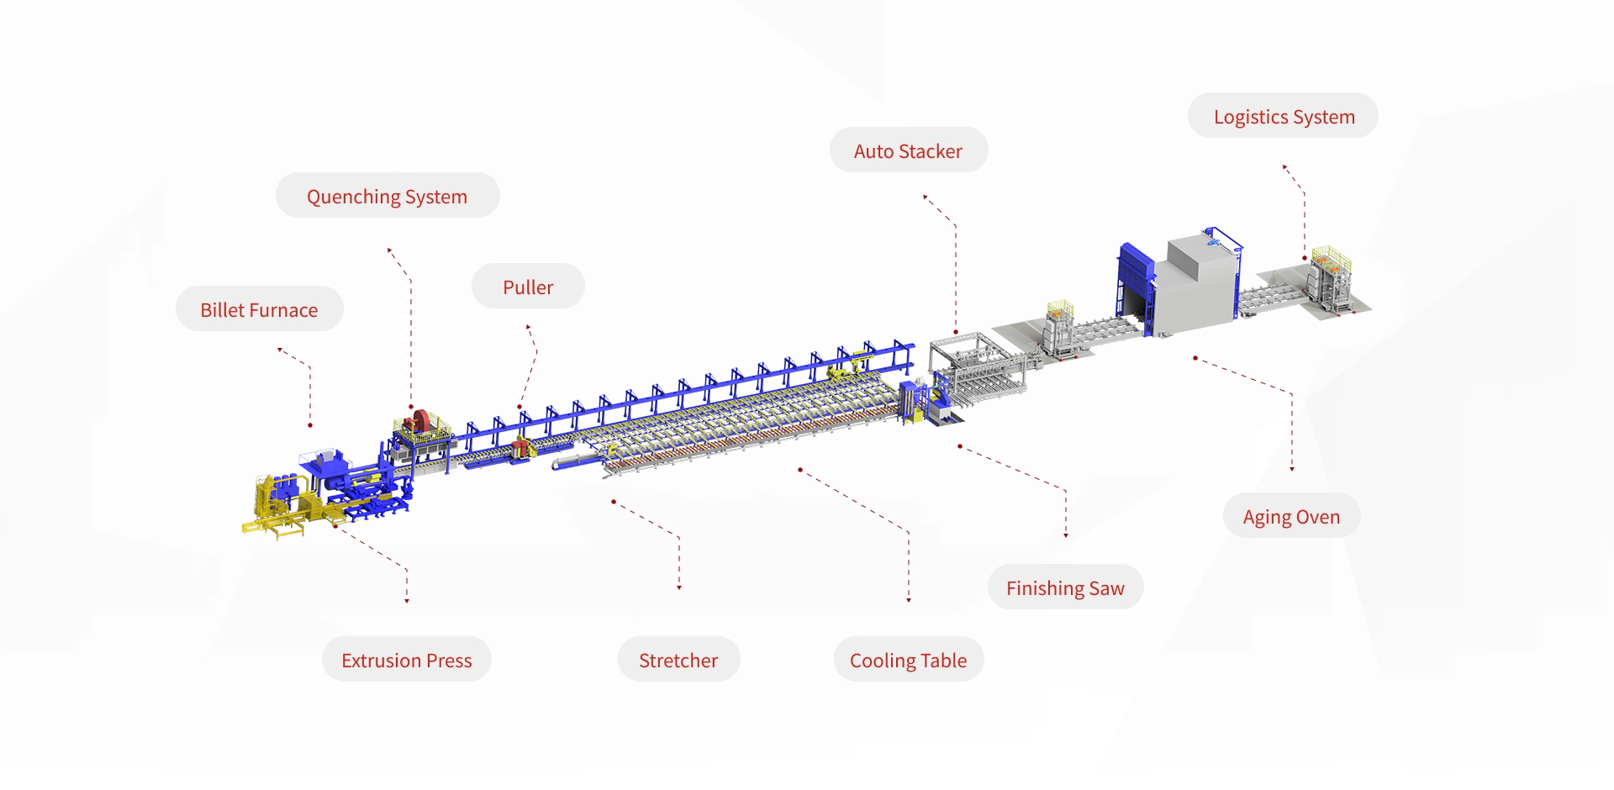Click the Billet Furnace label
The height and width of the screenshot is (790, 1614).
point(259,309)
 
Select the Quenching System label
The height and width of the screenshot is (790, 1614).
point(388,196)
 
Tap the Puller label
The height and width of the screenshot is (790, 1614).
point(528,287)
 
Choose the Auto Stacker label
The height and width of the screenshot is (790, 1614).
point(909,150)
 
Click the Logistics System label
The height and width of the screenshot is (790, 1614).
point(1284,116)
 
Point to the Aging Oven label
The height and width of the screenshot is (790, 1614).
point(1291,516)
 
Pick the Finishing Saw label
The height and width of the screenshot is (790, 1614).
point(1065,587)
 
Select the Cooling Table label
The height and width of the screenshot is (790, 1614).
point(909,660)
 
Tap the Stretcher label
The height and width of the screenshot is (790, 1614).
point(678,660)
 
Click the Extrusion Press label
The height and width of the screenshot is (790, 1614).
point(407,660)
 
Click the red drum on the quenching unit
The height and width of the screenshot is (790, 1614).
point(418,422)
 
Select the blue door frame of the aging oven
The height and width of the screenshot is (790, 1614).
point(1136,282)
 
